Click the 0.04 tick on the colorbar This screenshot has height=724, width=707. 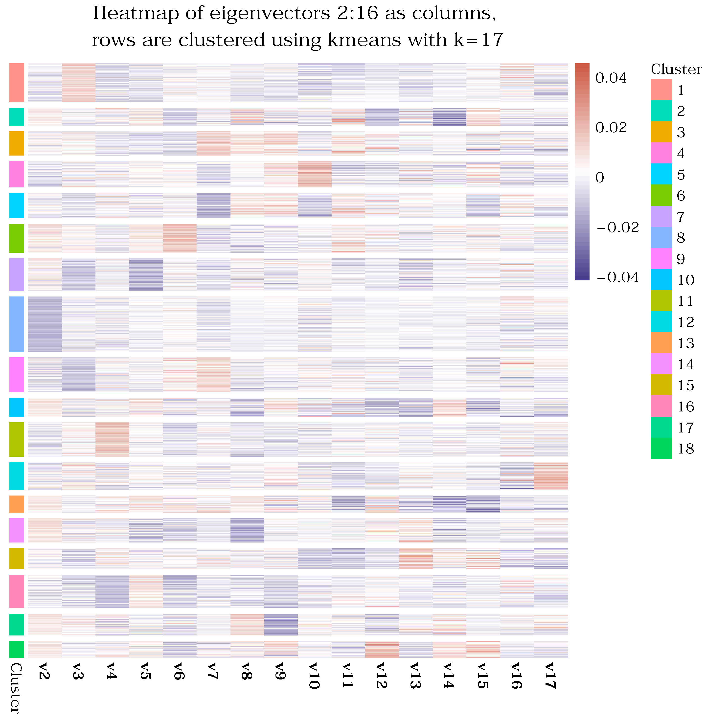(611, 78)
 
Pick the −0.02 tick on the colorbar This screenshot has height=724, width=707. (617, 227)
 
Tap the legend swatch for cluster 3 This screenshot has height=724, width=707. (661, 132)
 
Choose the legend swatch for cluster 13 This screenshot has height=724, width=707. (661, 343)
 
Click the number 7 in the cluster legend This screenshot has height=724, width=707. (681, 216)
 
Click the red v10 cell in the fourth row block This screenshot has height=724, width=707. (315, 174)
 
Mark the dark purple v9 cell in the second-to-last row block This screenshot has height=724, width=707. (281, 625)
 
